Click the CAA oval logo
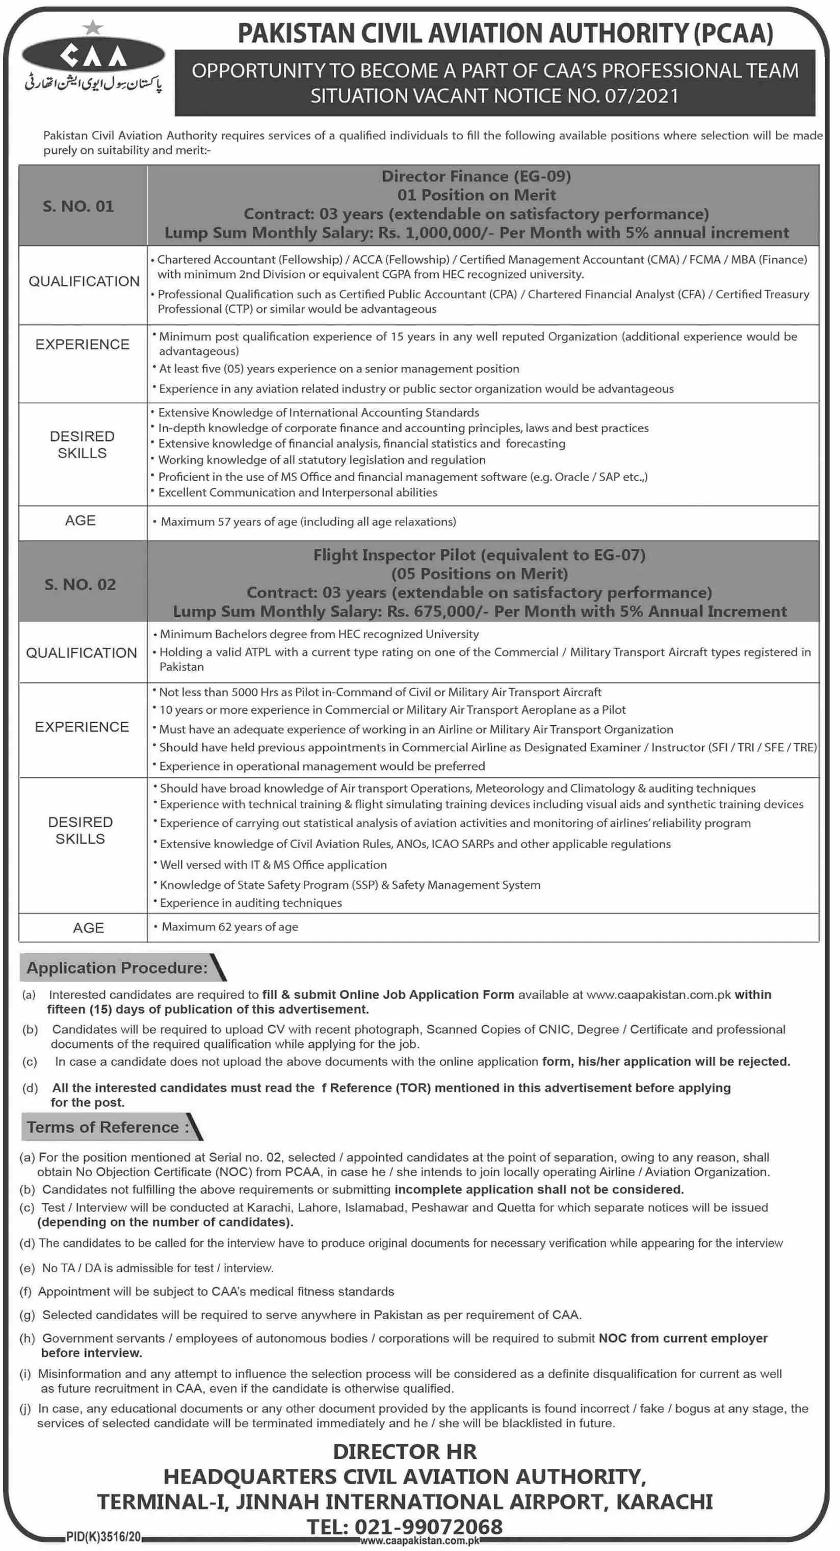click(93, 56)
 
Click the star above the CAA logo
click(93, 27)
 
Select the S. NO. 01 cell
click(78, 206)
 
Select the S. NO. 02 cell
click(80, 584)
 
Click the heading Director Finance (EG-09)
click(476, 176)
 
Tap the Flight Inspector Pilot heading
click(479, 555)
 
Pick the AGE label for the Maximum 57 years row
click(80, 520)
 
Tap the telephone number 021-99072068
click(428, 1527)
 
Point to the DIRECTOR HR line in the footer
click(405, 1451)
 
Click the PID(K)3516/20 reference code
click(103, 1537)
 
